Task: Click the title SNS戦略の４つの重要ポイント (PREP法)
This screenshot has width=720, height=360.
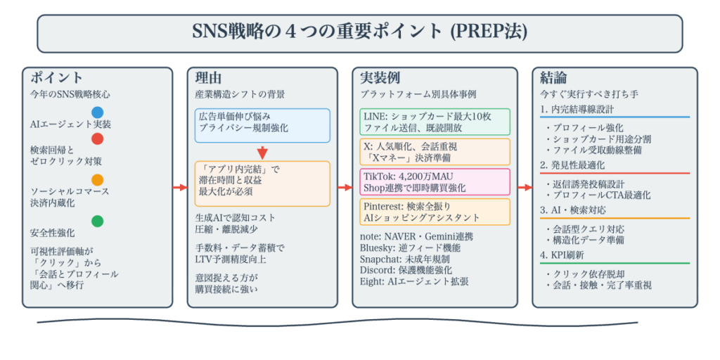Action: click(359, 32)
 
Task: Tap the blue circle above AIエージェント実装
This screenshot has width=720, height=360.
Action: click(97, 112)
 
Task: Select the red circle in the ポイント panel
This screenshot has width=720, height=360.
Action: click(97, 139)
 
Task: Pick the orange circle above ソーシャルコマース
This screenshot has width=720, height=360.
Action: click(97, 179)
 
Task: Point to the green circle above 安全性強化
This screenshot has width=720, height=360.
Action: click(97, 221)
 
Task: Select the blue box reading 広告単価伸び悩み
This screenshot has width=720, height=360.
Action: click(262, 125)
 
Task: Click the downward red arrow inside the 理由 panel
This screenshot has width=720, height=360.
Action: click(262, 152)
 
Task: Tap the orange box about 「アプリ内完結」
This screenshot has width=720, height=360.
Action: click(262, 184)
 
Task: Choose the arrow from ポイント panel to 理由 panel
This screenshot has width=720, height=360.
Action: click(180, 188)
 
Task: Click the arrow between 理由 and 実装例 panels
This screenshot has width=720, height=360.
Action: click(345, 188)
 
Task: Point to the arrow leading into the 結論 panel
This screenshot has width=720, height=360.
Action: click(525, 188)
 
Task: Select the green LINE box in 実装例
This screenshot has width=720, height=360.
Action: click(435, 122)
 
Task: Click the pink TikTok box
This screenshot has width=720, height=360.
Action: click(435, 181)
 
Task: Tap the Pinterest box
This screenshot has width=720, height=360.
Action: click(435, 212)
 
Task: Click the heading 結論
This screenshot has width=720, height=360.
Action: click(553, 78)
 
